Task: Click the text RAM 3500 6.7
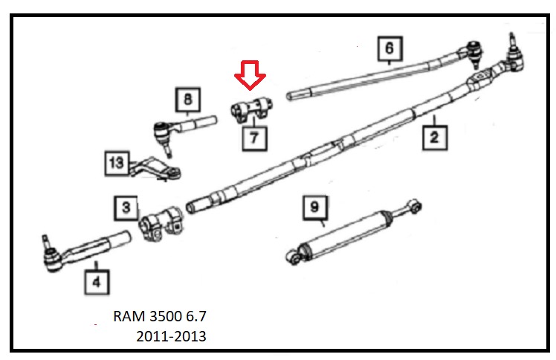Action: pos(164,315)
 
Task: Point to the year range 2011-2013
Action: pos(171,336)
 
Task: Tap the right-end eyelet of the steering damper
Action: pos(418,204)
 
